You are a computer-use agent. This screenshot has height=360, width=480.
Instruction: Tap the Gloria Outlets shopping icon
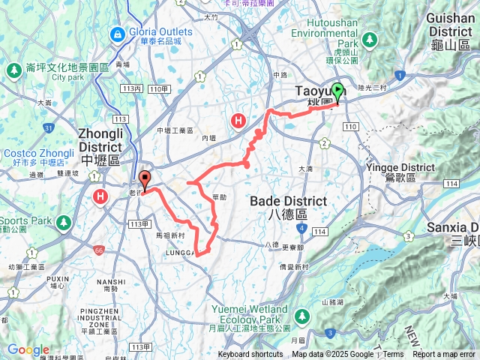pyautogui.click(x=117, y=34)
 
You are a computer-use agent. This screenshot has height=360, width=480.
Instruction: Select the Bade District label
pyautogui.click(x=288, y=201)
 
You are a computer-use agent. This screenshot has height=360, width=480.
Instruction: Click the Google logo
pyautogui.click(x=28, y=349)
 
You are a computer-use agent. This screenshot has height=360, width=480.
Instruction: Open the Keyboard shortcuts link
pyautogui.click(x=250, y=355)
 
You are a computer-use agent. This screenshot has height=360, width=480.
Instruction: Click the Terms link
pyautogui.click(x=393, y=355)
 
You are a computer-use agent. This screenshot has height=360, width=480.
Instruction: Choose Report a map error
pyautogui.click(x=445, y=355)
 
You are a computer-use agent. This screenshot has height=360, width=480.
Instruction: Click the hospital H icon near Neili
pyautogui.click(x=238, y=121)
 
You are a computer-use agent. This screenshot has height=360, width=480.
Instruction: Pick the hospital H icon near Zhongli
pyautogui.click(x=100, y=196)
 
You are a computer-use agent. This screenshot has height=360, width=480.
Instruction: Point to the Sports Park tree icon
pyautogui.click(x=64, y=222)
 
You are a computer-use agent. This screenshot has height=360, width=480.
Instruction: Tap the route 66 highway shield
pyautogui.click(x=99, y=250)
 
